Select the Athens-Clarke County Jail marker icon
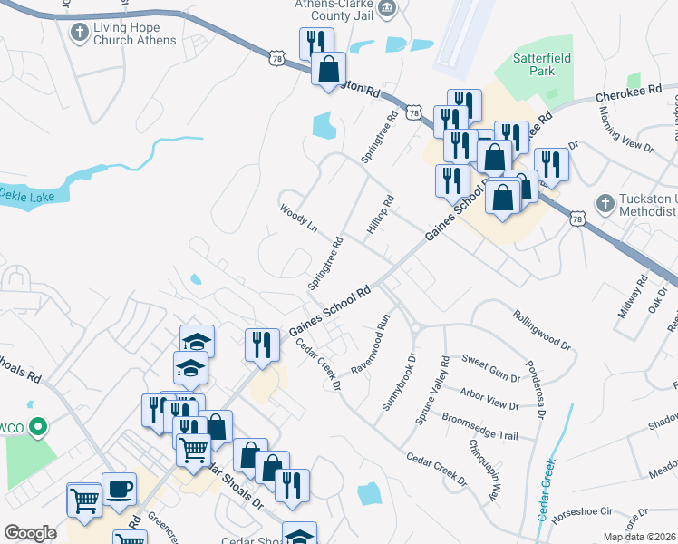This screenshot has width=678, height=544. pos(387,10)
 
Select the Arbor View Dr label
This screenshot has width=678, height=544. pos(489,399)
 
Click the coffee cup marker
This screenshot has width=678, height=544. pos(119,490)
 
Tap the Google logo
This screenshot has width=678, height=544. pos(30,533)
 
